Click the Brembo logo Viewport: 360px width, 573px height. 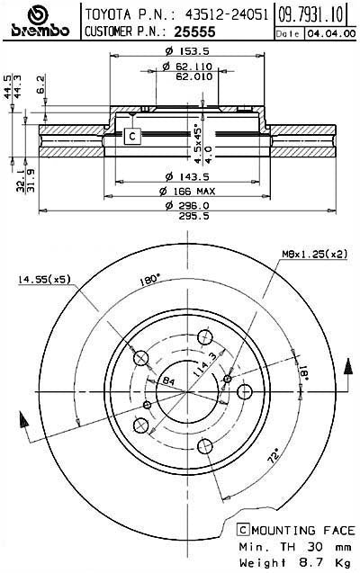[x=39, y=22]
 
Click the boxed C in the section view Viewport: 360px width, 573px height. [x=132, y=136]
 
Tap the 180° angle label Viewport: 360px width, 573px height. [x=150, y=278]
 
